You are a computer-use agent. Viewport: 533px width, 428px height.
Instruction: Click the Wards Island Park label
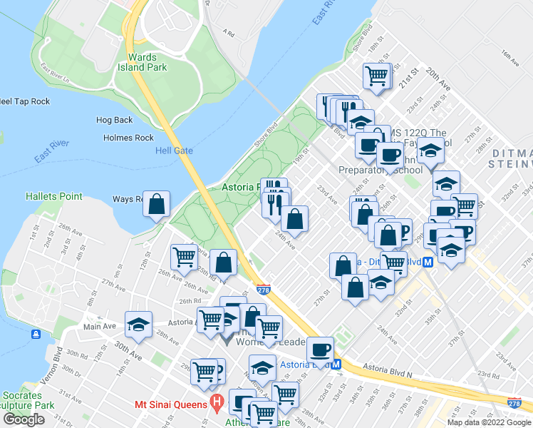click(x=148, y=62)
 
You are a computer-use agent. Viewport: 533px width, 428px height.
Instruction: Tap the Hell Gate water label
click(x=175, y=151)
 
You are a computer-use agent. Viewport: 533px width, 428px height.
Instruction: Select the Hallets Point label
click(x=54, y=196)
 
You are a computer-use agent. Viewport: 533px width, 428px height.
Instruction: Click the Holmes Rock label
click(x=128, y=138)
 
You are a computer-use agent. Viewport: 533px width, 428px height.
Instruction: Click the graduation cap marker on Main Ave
click(x=138, y=325)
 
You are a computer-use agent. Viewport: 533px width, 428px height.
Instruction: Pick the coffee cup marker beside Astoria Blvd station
click(x=320, y=350)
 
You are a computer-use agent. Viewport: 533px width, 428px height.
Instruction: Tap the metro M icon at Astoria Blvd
click(x=337, y=365)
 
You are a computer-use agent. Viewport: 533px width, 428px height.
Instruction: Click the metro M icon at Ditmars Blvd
click(x=428, y=262)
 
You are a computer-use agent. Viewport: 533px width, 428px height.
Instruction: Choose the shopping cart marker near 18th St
click(x=376, y=76)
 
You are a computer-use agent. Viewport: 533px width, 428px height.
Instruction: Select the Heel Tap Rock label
click(x=24, y=102)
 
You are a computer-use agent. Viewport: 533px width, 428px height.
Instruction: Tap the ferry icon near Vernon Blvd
click(x=35, y=334)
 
